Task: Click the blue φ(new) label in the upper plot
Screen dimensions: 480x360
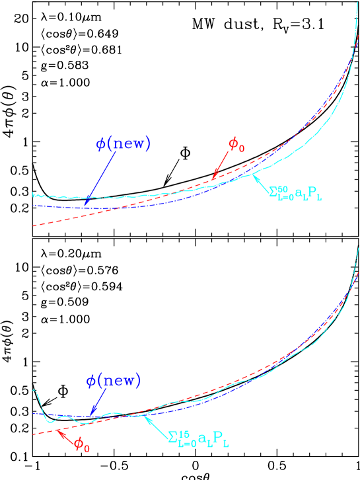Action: (x=124, y=144)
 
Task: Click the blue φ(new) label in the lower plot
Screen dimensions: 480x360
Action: (x=114, y=381)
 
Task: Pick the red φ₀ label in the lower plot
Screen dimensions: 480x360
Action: (x=82, y=444)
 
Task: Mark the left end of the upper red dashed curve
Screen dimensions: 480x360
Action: (x=33, y=227)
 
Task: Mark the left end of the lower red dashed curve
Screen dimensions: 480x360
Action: (x=33, y=434)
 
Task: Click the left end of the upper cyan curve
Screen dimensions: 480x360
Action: (x=33, y=195)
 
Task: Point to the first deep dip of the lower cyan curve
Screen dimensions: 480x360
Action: (x=47, y=420)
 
